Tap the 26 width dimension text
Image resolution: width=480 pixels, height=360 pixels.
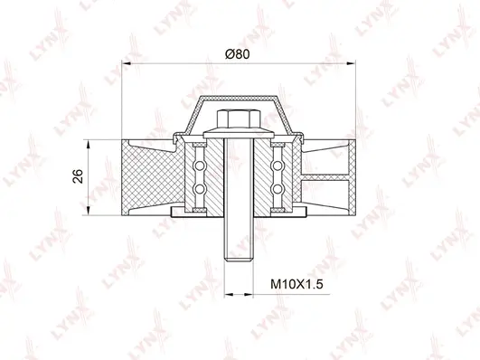pyautogui.click(x=79, y=175)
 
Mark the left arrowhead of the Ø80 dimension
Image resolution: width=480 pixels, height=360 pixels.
pyautogui.click(x=126, y=63)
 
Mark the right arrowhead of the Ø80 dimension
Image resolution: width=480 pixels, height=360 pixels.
pyautogui.click(x=351, y=63)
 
